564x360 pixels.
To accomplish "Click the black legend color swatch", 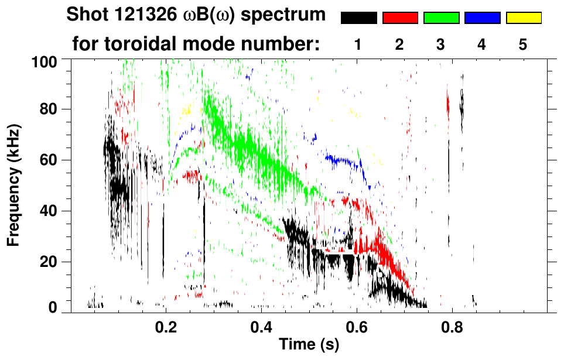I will (x=358, y=18).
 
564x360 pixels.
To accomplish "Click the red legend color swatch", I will (x=400, y=18).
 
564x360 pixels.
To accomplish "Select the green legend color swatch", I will (x=441, y=18).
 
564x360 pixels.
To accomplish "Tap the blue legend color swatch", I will (x=482, y=18).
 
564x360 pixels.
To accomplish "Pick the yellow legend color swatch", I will (x=524, y=18).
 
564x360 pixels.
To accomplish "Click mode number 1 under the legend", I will (x=358, y=46).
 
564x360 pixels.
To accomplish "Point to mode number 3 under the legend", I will (x=440, y=46).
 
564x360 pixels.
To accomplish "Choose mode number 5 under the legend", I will (x=523, y=46).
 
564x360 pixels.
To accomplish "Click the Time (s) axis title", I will (x=309, y=345).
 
